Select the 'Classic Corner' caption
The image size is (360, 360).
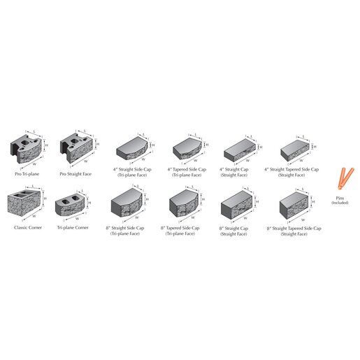click(x=27, y=228)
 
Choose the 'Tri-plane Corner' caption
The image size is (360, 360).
click(x=73, y=228)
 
